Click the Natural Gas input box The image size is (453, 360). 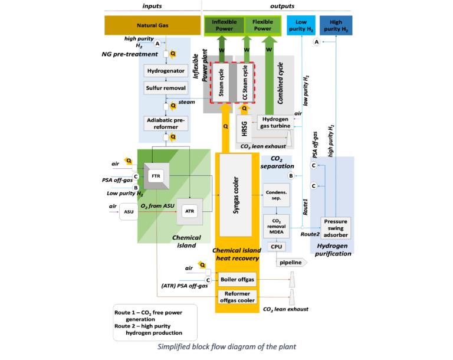coord(152,25)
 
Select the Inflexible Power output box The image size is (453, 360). coord(224,25)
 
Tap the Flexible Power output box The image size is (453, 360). coord(262,25)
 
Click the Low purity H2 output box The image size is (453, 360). coord(301,25)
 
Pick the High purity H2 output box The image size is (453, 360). coord(336,25)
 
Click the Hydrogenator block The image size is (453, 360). coord(165,71)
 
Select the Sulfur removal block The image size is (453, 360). coord(165,88)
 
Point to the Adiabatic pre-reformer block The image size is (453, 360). coord(165,123)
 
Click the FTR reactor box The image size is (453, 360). coord(156,175)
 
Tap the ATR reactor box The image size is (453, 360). coord(189,211)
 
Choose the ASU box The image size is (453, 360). coord(128,211)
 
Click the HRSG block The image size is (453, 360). coord(245,129)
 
